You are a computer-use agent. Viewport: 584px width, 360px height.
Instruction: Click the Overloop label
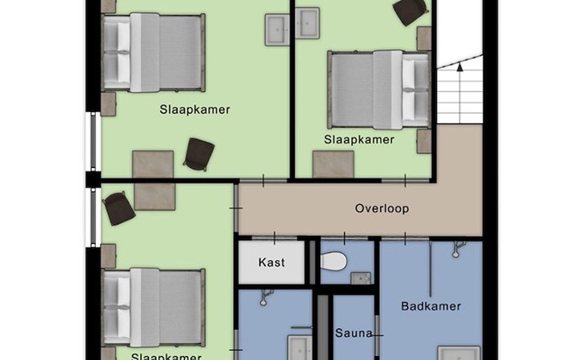[x=382, y=208]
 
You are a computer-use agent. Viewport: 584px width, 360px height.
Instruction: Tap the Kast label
[x=271, y=262]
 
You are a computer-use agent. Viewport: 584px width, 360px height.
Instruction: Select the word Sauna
[x=354, y=333]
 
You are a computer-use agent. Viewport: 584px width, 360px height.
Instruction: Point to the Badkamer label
[x=431, y=306]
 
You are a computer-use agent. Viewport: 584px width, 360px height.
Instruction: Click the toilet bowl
[x=334, y=261]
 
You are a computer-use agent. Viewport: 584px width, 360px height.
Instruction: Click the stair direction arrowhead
[x=460, y=67]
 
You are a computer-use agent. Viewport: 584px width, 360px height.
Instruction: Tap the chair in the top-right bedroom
[x=410, y=11]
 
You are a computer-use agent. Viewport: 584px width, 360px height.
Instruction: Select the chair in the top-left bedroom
[x=199, y=154]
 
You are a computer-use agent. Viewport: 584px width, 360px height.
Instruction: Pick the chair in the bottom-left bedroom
[x=119, y=209]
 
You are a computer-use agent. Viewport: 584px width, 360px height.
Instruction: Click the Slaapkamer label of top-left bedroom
[x=194, y=110]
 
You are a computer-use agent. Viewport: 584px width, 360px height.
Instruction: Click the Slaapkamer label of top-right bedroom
[x=359, y=140]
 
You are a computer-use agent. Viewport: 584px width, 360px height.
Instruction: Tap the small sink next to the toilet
[x=361, y=278]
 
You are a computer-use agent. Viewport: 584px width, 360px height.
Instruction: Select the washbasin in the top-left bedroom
[x=277, y=30]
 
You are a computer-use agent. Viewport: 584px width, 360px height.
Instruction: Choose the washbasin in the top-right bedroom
[x=307, y=23]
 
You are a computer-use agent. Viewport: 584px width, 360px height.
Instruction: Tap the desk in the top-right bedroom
[x=334, y=164]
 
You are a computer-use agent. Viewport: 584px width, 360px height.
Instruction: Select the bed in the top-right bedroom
[x=379, y=90]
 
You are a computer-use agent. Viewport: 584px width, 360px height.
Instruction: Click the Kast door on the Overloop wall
[x=274, y=238]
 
